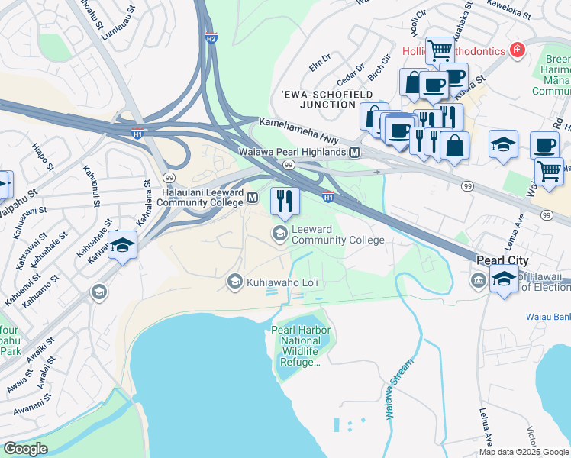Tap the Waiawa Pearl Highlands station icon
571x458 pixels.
354,153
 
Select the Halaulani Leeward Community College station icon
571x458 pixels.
251,198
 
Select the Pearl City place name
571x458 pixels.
502,260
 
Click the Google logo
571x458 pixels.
25,449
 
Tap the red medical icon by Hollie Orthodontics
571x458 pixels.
518,50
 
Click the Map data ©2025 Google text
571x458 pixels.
523,452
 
